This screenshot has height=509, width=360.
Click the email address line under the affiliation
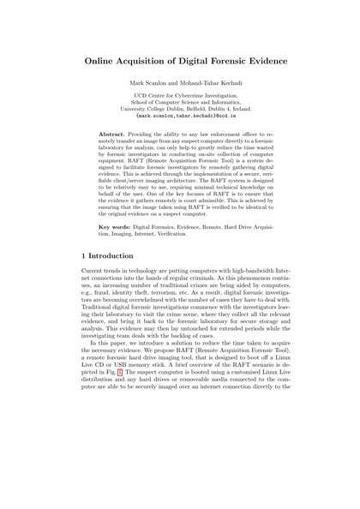tap(179, 136)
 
